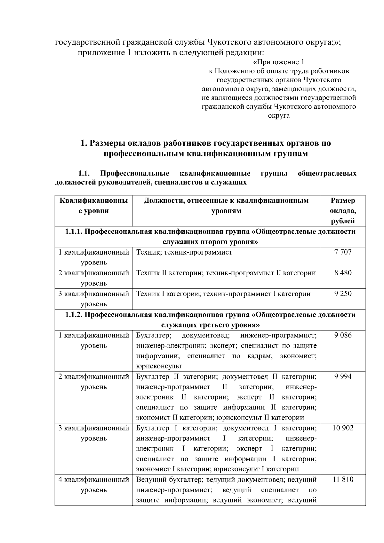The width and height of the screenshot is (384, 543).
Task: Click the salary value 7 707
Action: point(343,252)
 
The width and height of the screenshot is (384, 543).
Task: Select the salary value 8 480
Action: point(343,273)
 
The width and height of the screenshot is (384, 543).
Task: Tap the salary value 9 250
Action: point(343,294)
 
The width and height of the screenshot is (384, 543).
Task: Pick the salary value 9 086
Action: point(343,335)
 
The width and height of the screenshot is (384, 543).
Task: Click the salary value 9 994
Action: point(343,376)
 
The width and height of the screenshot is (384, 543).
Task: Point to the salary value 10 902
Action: point(343,428)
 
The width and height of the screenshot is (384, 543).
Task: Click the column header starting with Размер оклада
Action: point(343,211)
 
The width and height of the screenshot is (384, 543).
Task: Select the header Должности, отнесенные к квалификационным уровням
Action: point(226,206)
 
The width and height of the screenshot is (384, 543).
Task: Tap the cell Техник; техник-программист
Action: point(184,252)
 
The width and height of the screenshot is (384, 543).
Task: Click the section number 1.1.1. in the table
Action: point(74,232)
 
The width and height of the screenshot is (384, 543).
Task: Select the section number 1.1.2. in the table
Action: point(74,315)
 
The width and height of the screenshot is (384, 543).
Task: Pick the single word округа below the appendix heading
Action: point(279,115)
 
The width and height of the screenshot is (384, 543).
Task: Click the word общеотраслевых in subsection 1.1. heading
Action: point(327,174)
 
